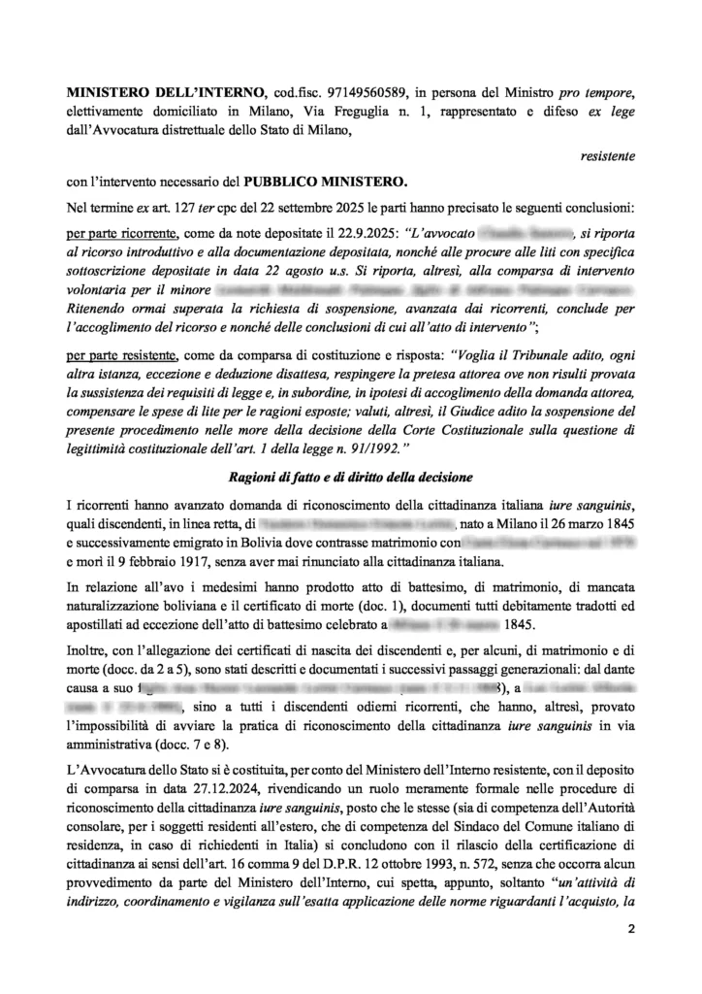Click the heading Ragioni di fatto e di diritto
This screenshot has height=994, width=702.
pyautogui.click(x=350, y=477)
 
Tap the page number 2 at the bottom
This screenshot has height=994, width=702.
pyautogui.click(x=629, y=931)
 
